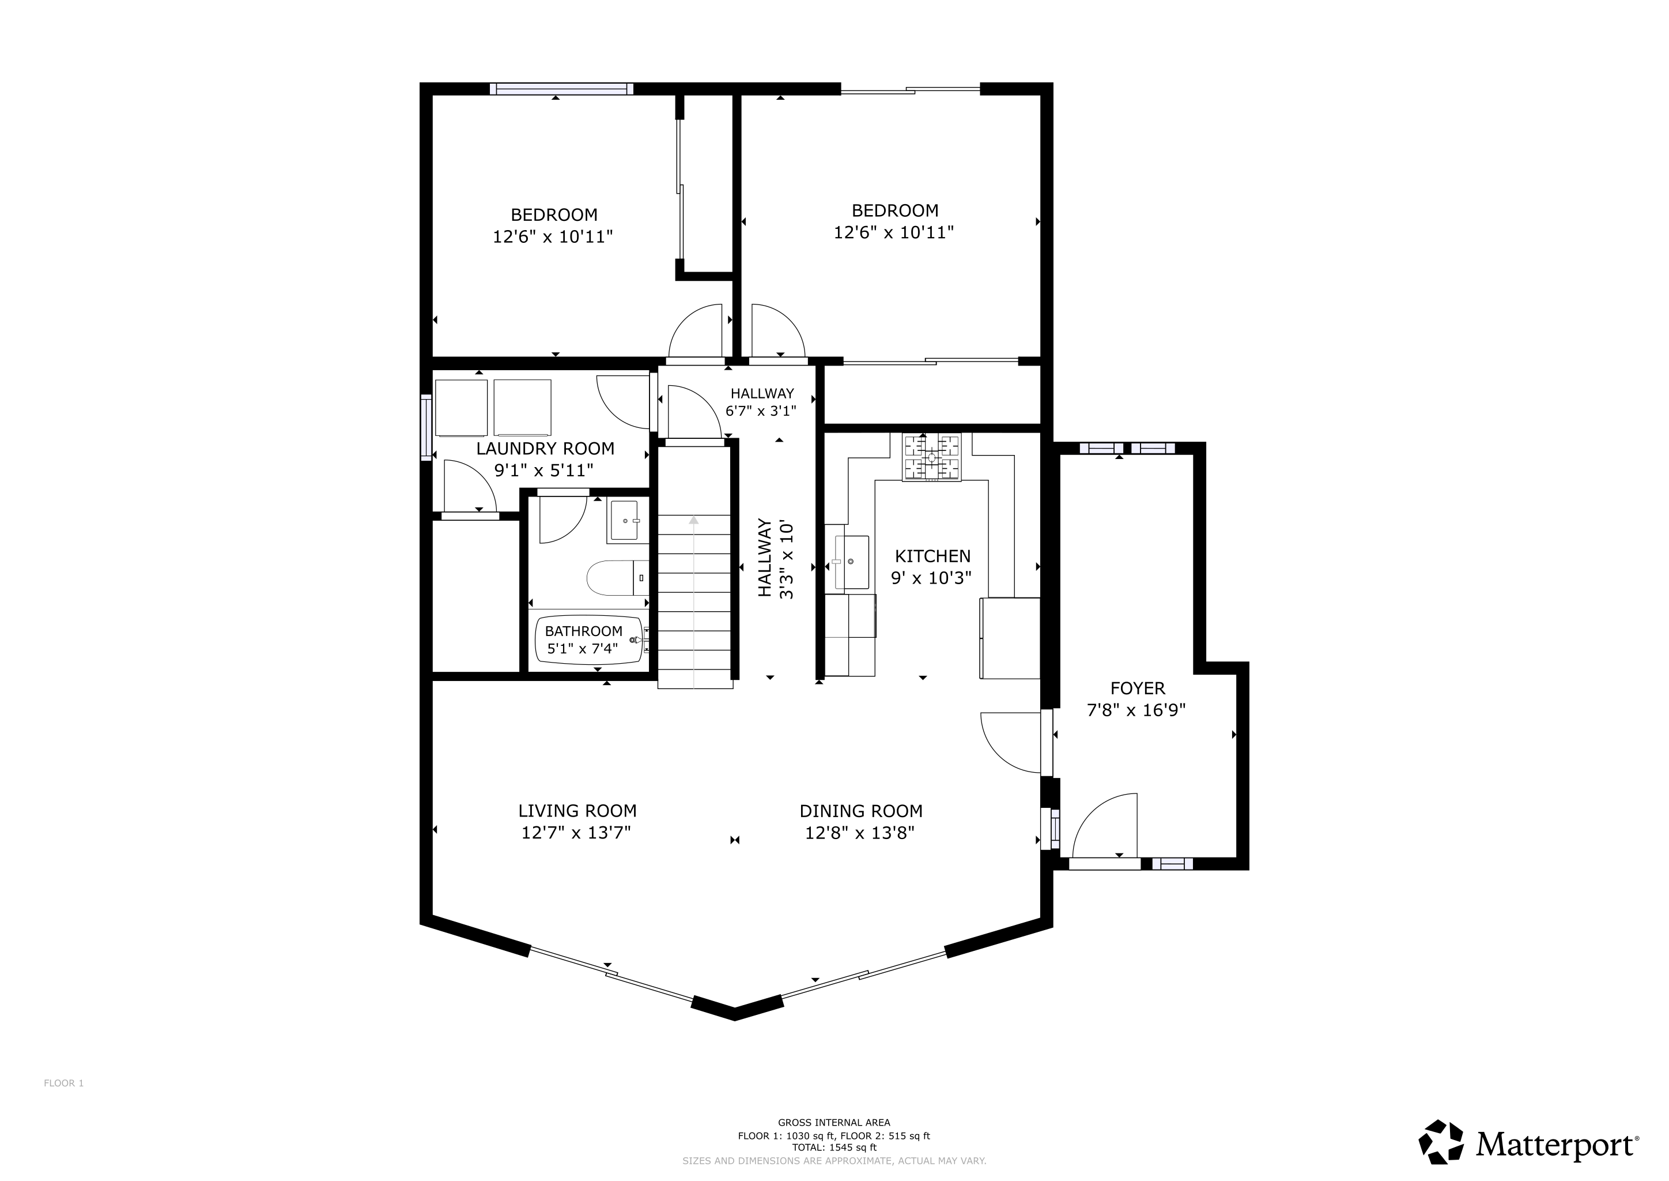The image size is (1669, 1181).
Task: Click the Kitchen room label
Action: pyautogui.click(x=932, y=556)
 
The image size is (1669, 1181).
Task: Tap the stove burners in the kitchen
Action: pyautogui.click(x=931, y=457)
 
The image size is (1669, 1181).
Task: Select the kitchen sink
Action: pyautogui.click(x=851, y=562)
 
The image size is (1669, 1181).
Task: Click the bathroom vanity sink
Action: pyautogui.click(x=624, y=521)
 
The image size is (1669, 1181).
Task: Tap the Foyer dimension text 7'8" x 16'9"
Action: pyautogui.click(x=1136, y=710)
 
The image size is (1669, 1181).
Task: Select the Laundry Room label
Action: pyautogui.click(x=545, y=449)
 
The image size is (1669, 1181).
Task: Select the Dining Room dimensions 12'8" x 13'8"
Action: pyautogui.click(x=859, y=833)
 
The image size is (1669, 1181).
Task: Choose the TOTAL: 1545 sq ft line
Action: pyautogui.click(x=834, y=1148)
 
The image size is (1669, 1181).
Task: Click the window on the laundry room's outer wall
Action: pyautogui.click(x=426, y=427)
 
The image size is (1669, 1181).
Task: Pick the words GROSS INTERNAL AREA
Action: pyautogui.click(x=834, y=1123)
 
